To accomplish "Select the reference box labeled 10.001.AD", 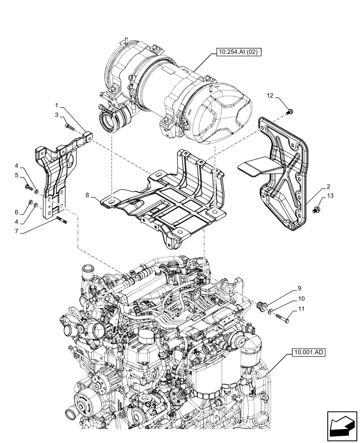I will [x=309, y=353].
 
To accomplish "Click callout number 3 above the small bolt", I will [x=57, y=115].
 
